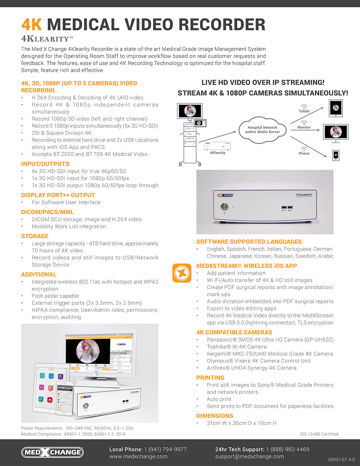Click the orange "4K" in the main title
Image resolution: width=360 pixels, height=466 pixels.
[x=31, y=24]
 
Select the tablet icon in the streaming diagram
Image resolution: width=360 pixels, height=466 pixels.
[x=334, y=108]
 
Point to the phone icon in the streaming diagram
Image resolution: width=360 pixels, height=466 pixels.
[x=336, y=155]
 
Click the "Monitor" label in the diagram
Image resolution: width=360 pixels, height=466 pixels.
[x=304, y=127]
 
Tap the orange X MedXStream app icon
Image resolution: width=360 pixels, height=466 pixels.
[x=182, y=273]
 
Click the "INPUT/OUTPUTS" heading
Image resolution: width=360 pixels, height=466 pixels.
[x=45, y=164]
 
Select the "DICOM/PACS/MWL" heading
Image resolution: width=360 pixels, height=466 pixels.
[x=47, y=212]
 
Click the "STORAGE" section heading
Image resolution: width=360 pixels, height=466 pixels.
[x=35, y=236]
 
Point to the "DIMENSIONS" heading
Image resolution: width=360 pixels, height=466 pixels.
[x=215, y=416]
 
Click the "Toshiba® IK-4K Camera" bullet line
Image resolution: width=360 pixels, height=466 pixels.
[x=237, y=347]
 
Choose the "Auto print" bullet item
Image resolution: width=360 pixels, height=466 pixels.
[x=219, y=399]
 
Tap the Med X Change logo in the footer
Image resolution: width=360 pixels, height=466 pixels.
[x=52, y=452]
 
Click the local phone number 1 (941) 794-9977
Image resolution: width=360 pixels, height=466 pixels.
[x=165, y=449]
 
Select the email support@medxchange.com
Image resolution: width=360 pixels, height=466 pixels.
[x=249, y=456]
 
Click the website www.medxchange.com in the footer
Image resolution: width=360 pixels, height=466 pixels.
[x=138, y=456]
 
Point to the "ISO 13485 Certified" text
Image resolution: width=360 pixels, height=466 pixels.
[x=319, y=434]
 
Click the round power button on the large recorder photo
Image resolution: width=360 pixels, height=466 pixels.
[x=224, y=207]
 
